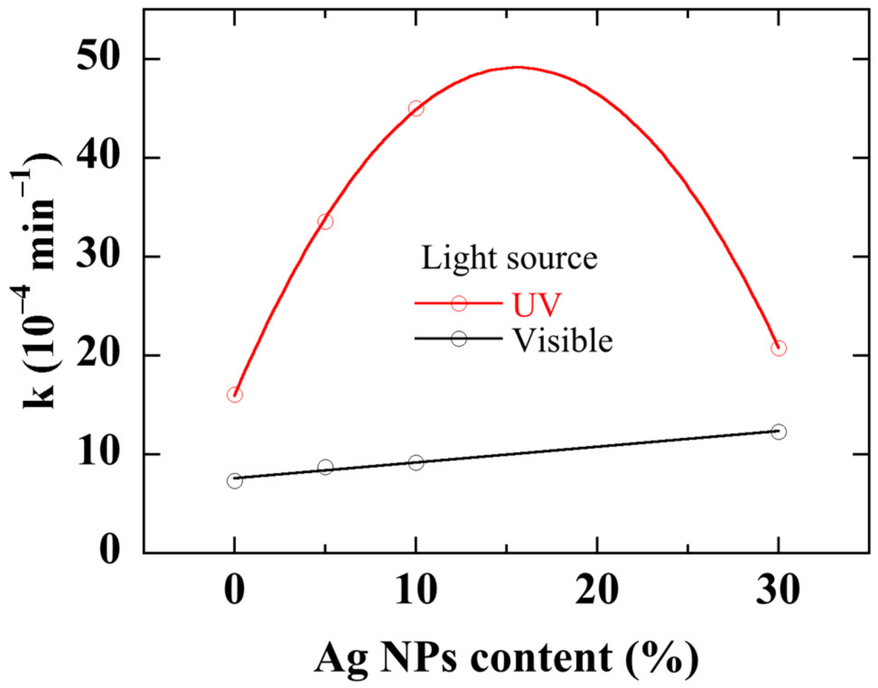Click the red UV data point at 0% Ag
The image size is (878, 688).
point(234,395)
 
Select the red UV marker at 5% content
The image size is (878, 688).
point(325,222)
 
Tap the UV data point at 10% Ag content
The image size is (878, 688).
point(416,108)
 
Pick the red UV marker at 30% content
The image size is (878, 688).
point(779,349)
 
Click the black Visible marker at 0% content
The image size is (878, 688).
point(234,481)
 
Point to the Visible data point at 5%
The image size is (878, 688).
point(325,467)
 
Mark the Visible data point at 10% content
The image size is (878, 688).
point(416,462)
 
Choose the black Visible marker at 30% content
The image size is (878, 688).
point(779,432)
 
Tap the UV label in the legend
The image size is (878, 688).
point(536,305)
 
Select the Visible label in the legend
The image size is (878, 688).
point(563,340)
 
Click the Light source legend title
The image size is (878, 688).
point(509,258)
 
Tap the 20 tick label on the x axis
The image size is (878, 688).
point(597,590)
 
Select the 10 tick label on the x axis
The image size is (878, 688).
point(416,590)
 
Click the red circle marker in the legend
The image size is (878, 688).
point(459,303)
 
